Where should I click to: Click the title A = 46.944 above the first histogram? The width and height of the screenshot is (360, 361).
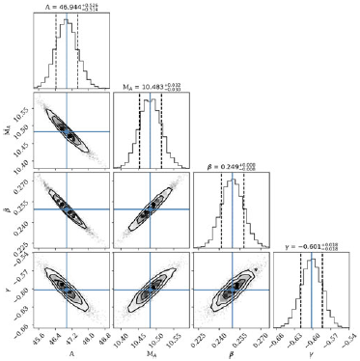(65, 7)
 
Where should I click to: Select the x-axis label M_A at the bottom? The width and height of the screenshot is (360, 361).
(149, 353)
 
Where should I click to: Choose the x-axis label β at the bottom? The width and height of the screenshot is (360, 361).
(230, 353)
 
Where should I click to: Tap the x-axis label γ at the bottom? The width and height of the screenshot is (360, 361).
(311, 353)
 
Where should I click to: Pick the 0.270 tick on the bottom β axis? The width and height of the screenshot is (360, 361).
(255, 340)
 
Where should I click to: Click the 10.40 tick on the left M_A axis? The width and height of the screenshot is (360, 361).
(19, 153)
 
